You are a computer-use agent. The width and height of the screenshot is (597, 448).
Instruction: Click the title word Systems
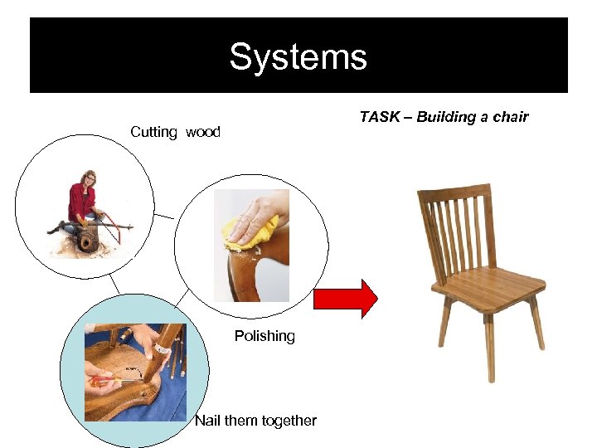[298, 57]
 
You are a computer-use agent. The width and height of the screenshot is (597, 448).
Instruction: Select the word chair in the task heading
[510, 117]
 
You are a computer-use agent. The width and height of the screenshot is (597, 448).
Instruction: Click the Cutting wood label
[175, 132]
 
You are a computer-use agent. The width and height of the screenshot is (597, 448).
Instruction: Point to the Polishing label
[265, 336]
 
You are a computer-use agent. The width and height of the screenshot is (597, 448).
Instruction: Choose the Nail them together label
[255, 421]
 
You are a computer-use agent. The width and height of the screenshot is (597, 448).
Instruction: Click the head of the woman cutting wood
[89, 178]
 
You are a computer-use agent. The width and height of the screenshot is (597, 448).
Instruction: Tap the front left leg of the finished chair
[488, 348]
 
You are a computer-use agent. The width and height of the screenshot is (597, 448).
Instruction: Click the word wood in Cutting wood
[203, 132]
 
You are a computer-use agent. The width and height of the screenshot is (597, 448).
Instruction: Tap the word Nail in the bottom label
[207, 421]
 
